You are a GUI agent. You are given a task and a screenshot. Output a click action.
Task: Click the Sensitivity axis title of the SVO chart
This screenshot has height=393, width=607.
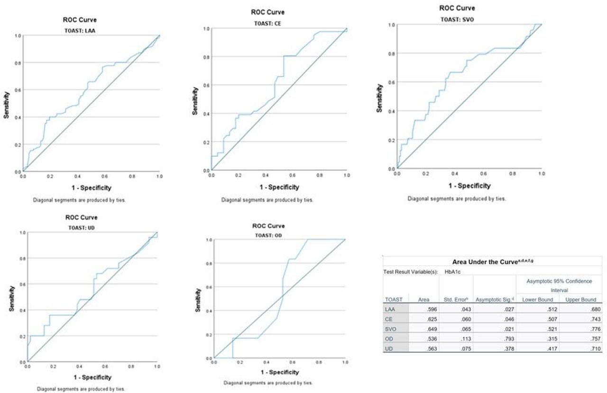point(379,98)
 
